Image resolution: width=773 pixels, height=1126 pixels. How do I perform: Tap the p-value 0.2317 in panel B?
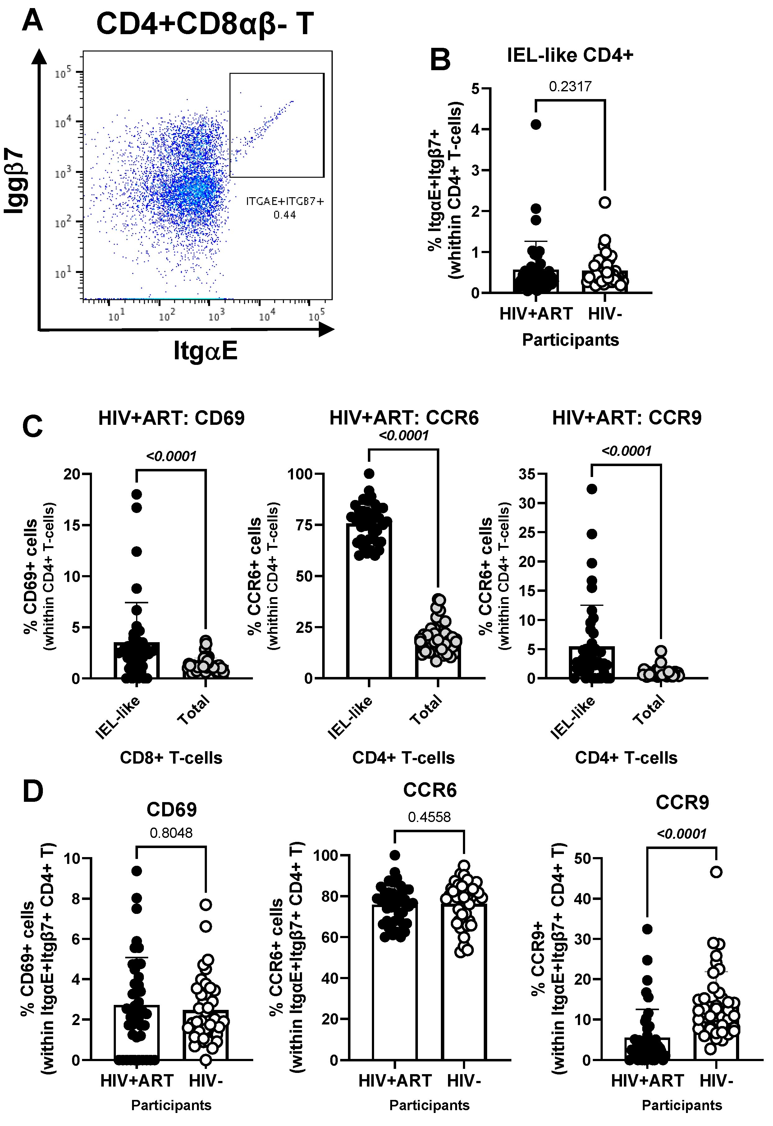pos(570,87)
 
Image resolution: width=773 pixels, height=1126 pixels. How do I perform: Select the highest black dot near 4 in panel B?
pos(536,125)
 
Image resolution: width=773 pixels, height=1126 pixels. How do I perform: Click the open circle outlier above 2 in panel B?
pos(604,202)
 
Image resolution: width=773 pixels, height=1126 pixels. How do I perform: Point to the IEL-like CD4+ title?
pos(570,55)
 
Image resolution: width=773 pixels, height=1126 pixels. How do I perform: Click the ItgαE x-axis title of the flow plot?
pos(205,351)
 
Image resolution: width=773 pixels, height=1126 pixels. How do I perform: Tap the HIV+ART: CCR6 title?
pos(404,418)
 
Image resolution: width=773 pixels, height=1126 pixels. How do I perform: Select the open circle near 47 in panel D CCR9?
pos(716,872)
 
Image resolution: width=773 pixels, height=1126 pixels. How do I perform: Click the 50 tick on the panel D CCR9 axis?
pos(582,859)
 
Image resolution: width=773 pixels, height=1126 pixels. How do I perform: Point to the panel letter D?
pos(33,792)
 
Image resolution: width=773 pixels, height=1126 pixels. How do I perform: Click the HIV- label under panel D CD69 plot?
pos(205,1080)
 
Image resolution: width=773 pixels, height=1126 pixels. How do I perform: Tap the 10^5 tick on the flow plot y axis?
pos(63,73)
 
